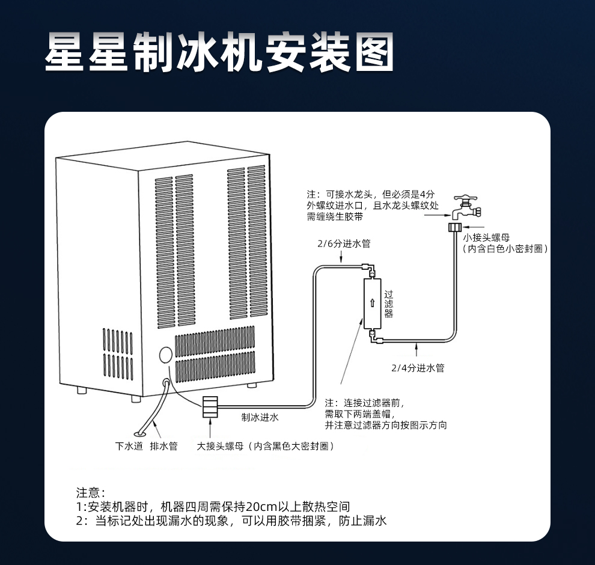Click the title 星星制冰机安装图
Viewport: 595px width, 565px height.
pos(219,52)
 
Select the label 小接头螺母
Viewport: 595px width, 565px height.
pos(486,237)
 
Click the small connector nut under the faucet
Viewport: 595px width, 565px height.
pos(455,227)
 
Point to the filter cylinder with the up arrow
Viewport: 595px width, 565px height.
pos(372,304)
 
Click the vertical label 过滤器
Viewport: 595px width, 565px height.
pos(389,304)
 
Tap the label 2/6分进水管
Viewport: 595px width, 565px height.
pos(344,243)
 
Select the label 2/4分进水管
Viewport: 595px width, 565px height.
pos(418,368)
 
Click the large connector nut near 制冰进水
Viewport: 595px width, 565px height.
pos(210,407)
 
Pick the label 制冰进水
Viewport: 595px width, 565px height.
pos(260,417)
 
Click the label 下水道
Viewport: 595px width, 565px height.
pos(129,446)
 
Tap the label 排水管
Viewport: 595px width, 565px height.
pos(163,446)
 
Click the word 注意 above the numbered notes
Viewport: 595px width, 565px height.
pos(88,492)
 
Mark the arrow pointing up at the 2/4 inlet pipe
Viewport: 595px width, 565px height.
pos(416,349)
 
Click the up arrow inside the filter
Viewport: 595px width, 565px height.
pos(372,303)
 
